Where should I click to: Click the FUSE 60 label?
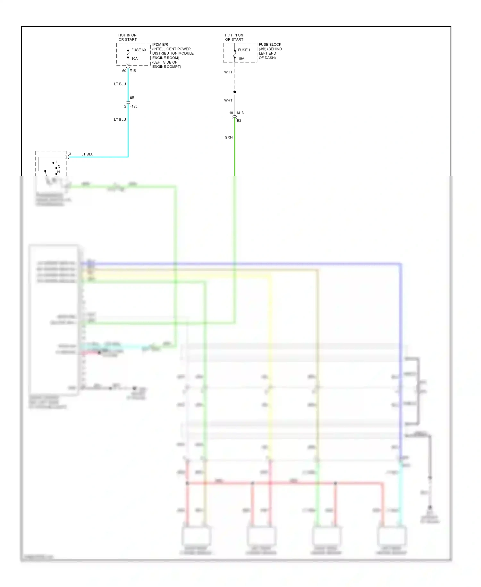pyautogui.click(x=138, y=50)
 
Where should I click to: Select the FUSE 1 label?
pyautogui.click(x=244, y=50)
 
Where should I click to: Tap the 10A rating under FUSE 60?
pyautogui.click(x=134, y=58)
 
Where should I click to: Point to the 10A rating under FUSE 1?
pyautogui.click(x=241, y=58)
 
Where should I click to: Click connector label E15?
pyautogui.click(x=133, y=71)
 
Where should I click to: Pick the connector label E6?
pyautogui.click(x=132, y=97)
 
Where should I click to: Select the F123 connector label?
pyautogui.click(x=133, y=106)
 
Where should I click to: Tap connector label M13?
pyautogui.click(x=240, y=113)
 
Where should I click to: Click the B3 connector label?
pyautogui.click(x=239, y=121)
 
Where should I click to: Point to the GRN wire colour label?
pyautogui.click(x=229, y=137)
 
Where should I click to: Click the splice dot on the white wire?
pyautogui.click(x=235, y=92)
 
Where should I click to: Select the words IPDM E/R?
pyautogui.click(x=160, y=44)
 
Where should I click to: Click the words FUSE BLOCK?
pyautogui.click(x=270, y=44)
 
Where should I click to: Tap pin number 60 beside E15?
pyautogui.click(x=124, y=71)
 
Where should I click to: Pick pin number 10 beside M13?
pyautogui.click(x=231, y=113)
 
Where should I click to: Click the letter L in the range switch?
pyautogui.click(x=56, y=162)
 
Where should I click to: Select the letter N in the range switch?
pyautogui.click(x=58, y=172)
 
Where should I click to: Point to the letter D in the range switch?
pyautogui.click(x=59, y=167)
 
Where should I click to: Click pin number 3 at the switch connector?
pyautogui.click(x=70, y=154)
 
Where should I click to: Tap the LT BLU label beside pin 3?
pyautogui.click(x=87, y=154)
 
